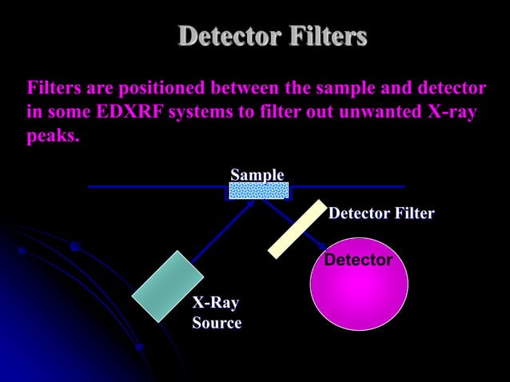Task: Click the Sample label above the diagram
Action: pyautogui.click(x=257, y=175)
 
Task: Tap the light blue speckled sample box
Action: pyautogui.click(x=259, y=190)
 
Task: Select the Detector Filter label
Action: pyautogui.click(x=381, y=213)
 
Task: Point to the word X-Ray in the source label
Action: pyautogui.click(x=216, y=304)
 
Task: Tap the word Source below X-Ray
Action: pyautogui.click(x=217, y=323)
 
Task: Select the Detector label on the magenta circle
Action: pyautogui.click(x=358, y=261)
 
